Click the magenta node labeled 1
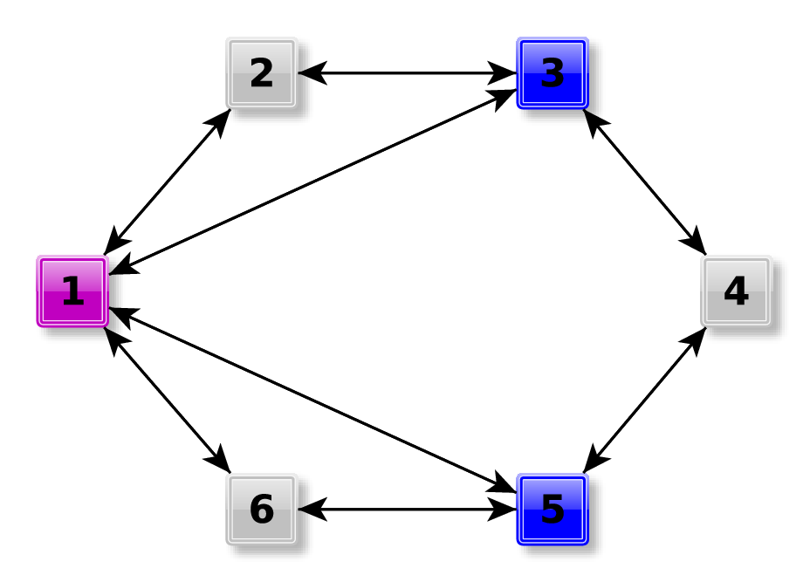(x=72, y=291)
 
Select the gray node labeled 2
(x=261, y=72)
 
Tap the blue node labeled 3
(x=552, y=72)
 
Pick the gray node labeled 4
(x=736, y=291)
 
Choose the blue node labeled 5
(x=552, y=509)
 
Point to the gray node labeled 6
(x=261, y=509)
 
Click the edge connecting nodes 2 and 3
(x=407, y=72)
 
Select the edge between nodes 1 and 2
(x=167, y=181)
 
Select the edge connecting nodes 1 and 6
(x=167, y=400)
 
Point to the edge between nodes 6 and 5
(x=407, y=509)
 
